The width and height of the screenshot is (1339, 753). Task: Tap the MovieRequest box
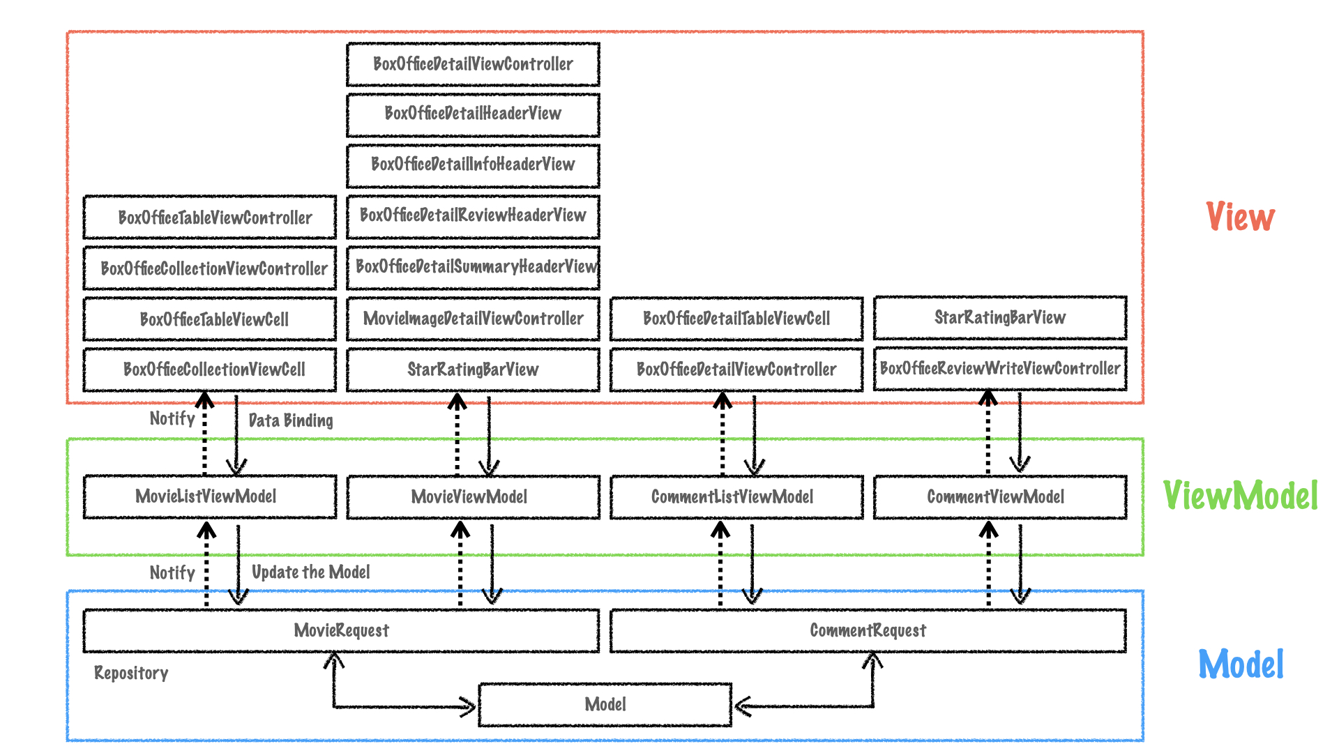[x=341, y=630]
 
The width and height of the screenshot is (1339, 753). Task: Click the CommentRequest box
[x=868, y=630]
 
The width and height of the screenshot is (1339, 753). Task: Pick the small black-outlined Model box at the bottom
[x=605, y=704]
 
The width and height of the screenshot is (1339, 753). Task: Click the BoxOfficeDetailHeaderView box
[x=473, y=114]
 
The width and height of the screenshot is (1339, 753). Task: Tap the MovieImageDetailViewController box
[x=473, y=319]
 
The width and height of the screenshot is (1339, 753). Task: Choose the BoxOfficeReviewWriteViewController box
[x=999, y=368]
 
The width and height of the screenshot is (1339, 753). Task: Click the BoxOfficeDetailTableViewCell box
[x=736, y=319]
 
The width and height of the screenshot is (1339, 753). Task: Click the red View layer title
[x=1240, y=217]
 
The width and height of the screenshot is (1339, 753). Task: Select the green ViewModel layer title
[x=1240, y=496]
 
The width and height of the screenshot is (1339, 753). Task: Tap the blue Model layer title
[x=1240, y=664]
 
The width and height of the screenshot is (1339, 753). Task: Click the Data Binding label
[x=291, y=420]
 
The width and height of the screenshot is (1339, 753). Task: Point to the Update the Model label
[x=310, y=572]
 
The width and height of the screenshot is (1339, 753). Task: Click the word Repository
[x=131, y=673]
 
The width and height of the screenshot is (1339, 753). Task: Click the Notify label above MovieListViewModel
[x=172, y=418]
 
